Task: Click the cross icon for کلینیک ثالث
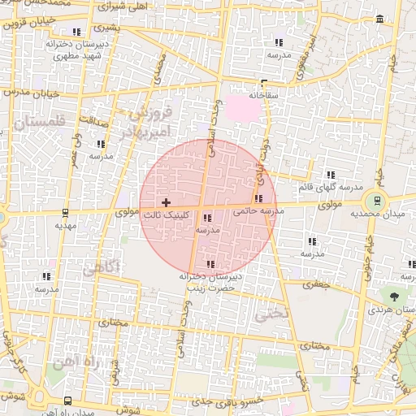pos(167,201)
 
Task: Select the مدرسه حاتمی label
pos(259,210)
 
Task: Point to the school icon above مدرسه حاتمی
pos(259,197)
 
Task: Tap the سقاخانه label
pos(264,95)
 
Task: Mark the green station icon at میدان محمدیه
pos(376,200)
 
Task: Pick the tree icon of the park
pos(394,297)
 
